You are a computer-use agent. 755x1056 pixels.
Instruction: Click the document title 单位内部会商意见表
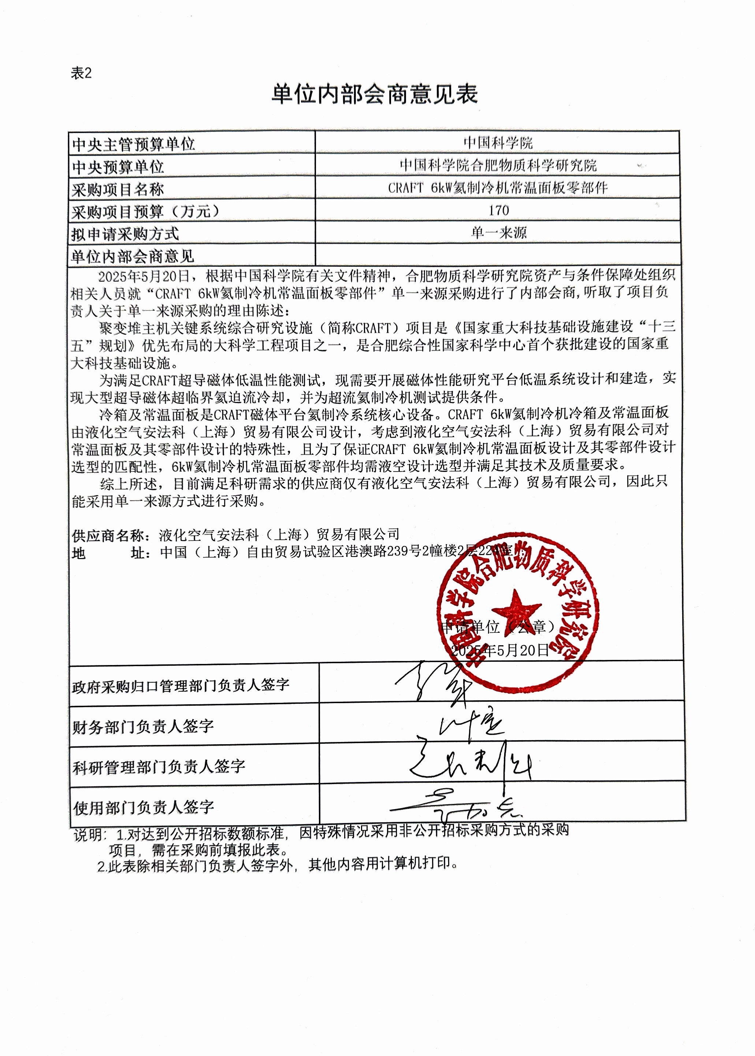374,95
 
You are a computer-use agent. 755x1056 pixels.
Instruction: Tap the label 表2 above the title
81,73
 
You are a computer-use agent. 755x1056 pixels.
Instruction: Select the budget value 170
498,210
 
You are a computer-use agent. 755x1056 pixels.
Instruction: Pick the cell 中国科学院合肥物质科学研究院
498,165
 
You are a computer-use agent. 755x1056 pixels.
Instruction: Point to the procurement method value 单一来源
498,232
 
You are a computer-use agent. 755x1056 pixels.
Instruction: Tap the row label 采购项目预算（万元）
145,212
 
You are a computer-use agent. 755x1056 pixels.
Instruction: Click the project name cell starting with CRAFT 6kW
498,188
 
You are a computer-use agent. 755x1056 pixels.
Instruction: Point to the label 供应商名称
108,535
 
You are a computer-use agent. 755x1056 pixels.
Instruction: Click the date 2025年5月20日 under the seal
500,650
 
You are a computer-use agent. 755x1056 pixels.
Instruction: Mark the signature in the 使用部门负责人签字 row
455,807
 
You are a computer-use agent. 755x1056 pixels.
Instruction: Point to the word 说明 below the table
88,835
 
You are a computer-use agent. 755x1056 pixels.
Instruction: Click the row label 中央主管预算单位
133,145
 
